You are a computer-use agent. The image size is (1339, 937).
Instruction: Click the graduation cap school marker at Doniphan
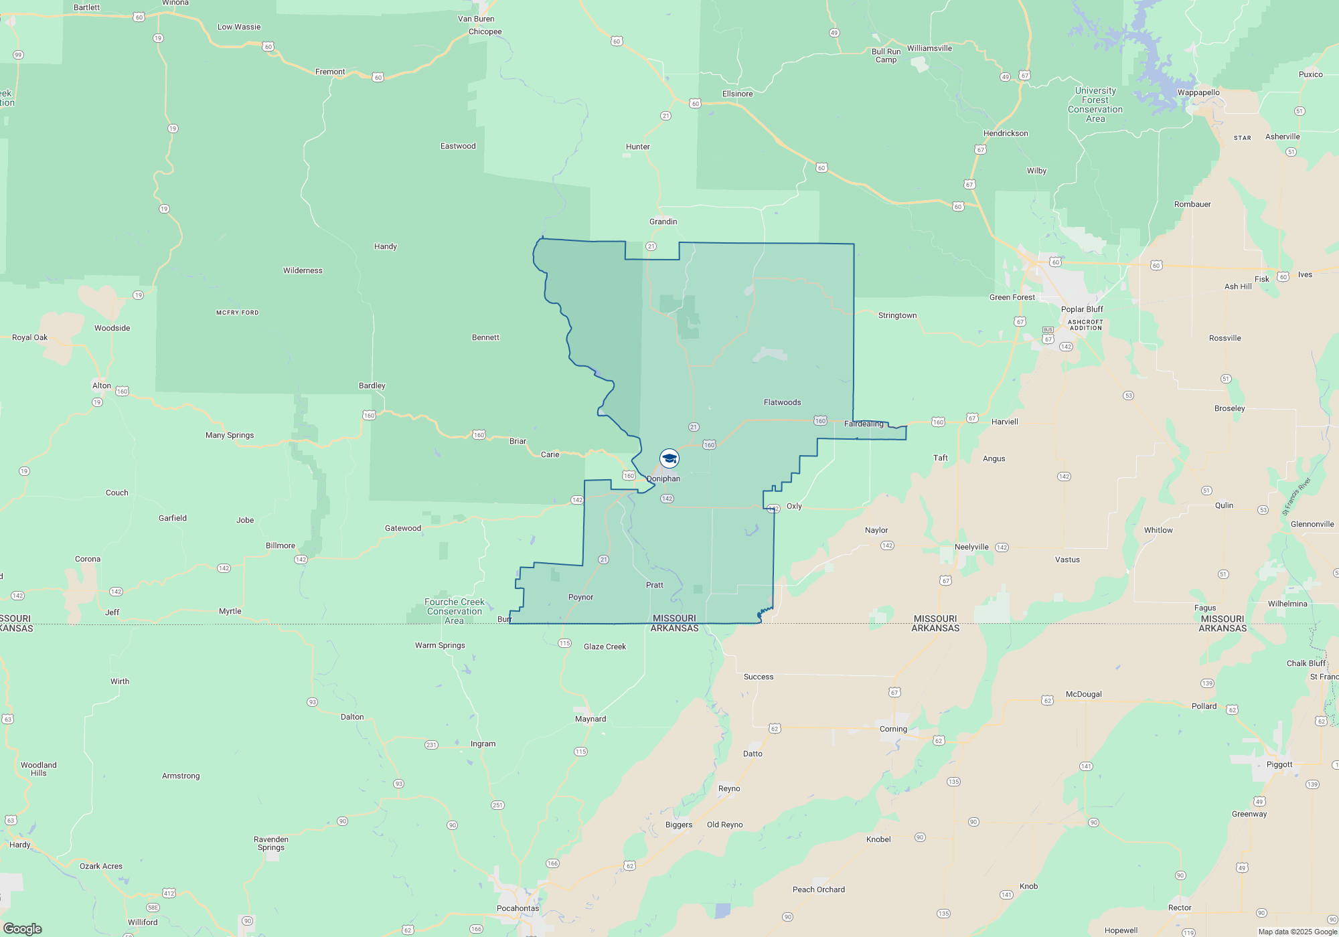click(669, 458)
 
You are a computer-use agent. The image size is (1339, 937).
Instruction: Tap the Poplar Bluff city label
click(1082, 309)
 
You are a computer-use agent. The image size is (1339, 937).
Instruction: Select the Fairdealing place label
click(864, 424)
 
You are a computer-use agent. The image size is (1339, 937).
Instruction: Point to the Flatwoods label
click(782, 402)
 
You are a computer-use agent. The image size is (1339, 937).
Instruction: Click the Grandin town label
click(663, 222)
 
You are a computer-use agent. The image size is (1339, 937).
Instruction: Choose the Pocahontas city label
click(518, 908)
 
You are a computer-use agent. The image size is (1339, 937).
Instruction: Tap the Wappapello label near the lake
click(1198, 92)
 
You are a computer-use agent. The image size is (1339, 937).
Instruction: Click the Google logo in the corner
click(23, 928)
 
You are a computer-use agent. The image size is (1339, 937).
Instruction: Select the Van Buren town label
click(476, 19)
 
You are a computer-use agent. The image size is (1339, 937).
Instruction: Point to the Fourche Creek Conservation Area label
click(455, 611)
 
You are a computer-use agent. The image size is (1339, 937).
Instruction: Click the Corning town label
click(893, 729)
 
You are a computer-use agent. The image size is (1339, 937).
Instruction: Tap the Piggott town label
click(1279, 764)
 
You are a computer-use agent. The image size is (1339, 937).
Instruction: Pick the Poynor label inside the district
click(580, 597)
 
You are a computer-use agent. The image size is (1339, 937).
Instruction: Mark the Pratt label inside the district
click(655, 585)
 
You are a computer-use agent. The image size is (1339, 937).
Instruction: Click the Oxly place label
click(794, 506)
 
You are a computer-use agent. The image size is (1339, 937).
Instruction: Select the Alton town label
click(102, 386)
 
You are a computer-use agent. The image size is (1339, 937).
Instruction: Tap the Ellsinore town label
click(737, 94)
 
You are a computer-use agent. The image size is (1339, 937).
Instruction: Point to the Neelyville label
click(971, 547)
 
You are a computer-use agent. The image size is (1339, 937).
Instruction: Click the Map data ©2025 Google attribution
click(1297, 932)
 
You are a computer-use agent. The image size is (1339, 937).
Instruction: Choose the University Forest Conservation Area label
click(1095, 104)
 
